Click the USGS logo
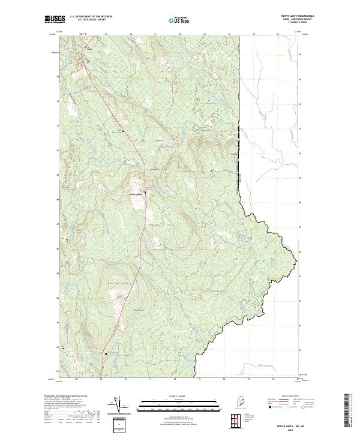[x=55, y=20]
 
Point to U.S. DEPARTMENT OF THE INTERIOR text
[x=91, y=16]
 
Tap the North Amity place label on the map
[x=136, y=194]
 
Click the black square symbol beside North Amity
[x=146, y=192]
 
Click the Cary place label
[x=91, y=50]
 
